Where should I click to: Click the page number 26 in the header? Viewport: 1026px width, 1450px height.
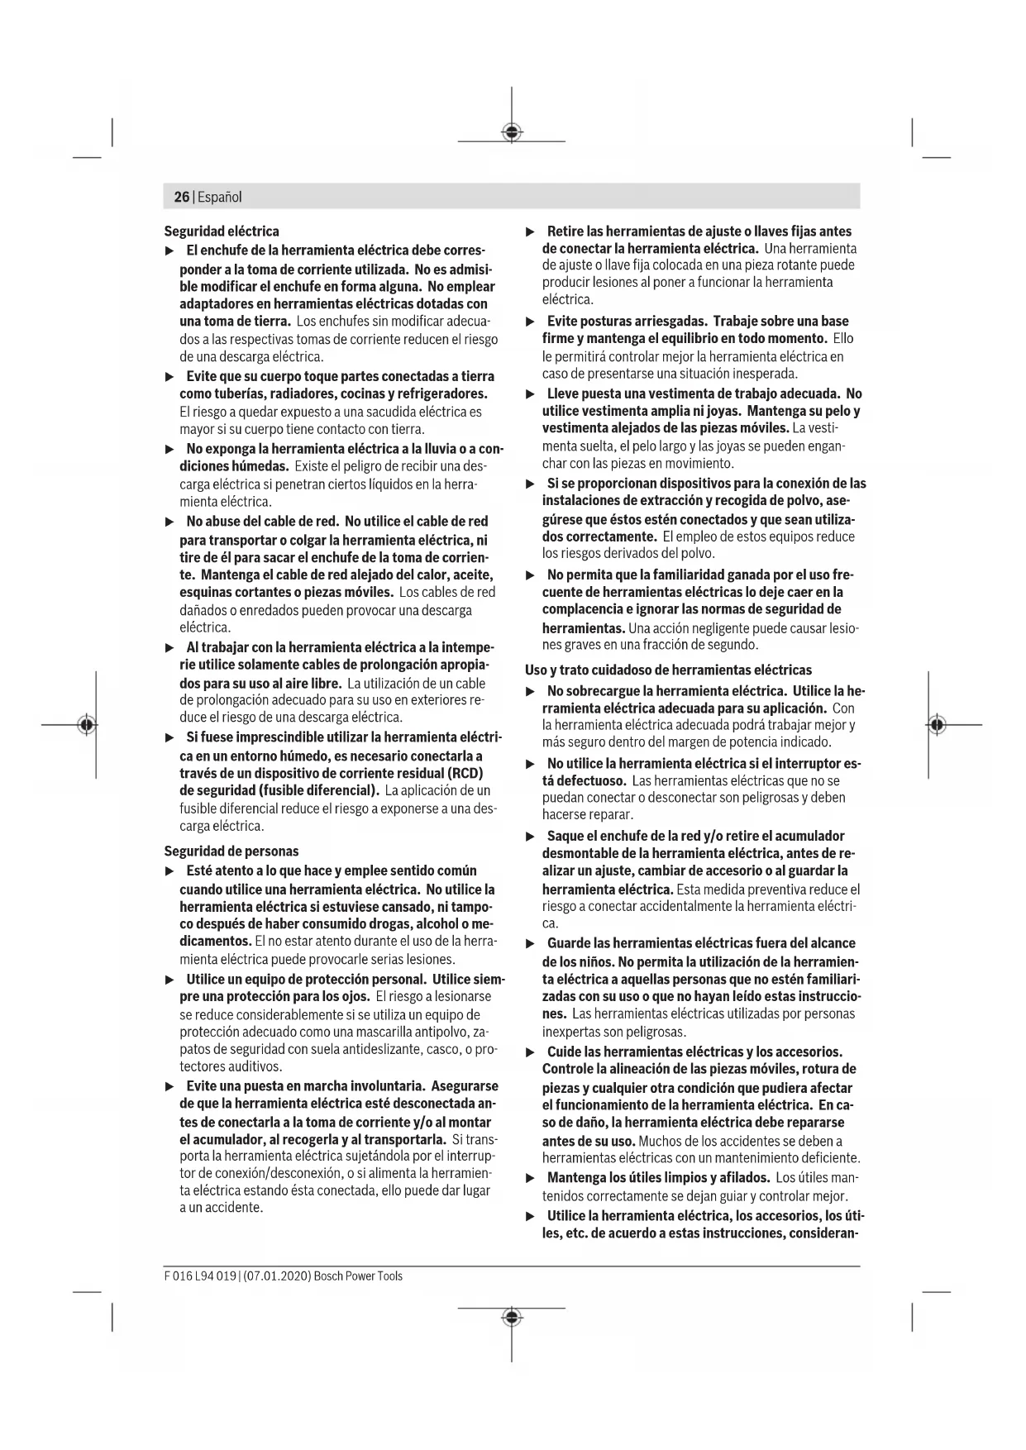(181, 197)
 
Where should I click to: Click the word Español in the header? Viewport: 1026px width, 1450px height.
(219, 198)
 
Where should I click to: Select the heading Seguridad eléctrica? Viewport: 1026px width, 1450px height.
(222, 231)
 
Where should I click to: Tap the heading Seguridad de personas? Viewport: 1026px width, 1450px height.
(231, 851)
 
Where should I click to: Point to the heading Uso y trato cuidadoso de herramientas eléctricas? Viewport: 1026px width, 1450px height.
(668, 670)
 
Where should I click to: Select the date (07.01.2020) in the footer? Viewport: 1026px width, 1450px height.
(277, 1276)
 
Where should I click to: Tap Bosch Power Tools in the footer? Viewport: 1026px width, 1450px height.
(359, 1276)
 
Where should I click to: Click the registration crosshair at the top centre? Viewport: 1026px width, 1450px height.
(512, 132)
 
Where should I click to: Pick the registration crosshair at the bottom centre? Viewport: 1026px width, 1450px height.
(512, 1317)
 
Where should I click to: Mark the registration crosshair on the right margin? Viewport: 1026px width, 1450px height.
(936, 725)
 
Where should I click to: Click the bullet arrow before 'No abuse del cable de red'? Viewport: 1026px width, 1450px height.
(169, 522)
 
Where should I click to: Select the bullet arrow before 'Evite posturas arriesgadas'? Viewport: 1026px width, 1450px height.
(531, 322)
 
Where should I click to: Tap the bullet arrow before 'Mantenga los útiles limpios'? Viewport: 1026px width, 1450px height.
(531, 1178)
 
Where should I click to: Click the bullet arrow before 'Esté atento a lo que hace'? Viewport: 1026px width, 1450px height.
(169, 871)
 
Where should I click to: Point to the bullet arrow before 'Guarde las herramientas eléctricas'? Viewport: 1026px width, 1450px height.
(531, 943)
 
